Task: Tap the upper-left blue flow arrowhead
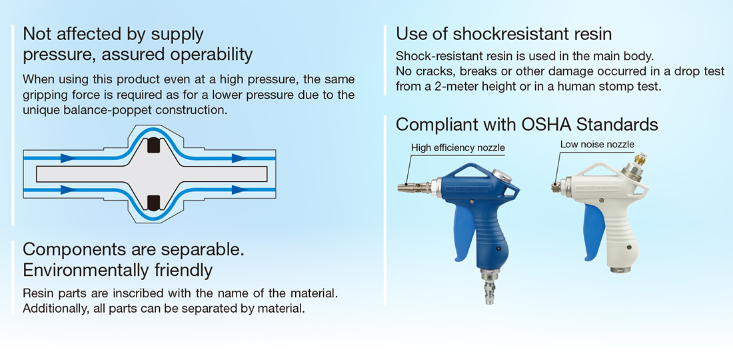[x=68, y=159]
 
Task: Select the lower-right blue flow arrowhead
[x=239, y=189]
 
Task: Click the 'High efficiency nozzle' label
[x=458, y=148]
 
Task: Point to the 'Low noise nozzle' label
[x=597, y=145]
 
